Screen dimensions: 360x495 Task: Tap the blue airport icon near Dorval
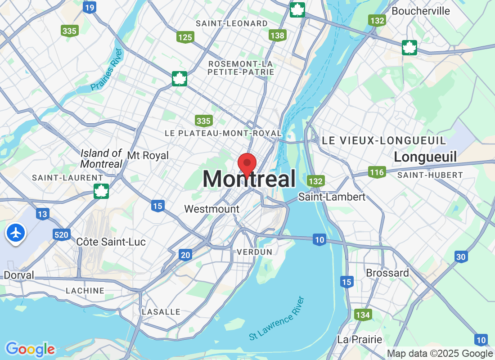[x=16, y=233]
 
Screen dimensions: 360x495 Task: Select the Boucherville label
[x=420, y=11]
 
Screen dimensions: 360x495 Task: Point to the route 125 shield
[x=185, y=37]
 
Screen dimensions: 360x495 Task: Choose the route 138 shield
[x=278, y=35]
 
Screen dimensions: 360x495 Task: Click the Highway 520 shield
[x=61, y=234]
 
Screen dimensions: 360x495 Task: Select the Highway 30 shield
[x=460, y=256]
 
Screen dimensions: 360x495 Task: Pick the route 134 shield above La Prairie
[x=363, y=315]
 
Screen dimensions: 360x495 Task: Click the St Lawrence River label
[x=277, y=318]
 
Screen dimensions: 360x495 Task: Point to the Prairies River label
[x=106, y=69]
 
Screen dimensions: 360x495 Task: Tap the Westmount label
[x=212, y=209]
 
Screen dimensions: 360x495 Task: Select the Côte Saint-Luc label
[x=111, y=242]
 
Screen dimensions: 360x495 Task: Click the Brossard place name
[x=387, y=273]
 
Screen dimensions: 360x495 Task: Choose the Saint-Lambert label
[x=332, y=197]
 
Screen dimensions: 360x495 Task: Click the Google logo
[x=30, y=349]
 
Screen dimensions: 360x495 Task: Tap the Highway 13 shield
[x=42, y=214]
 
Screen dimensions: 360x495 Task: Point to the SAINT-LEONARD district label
[x=238, y=23]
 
